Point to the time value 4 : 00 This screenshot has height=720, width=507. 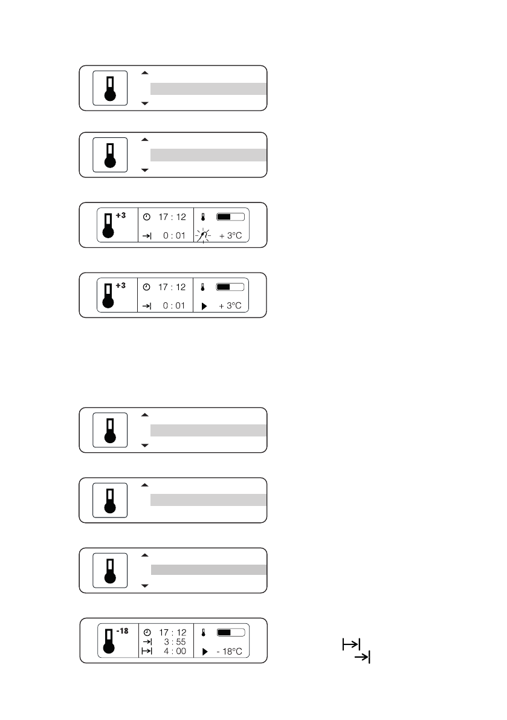click(173, 651)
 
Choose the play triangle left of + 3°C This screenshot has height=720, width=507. click(204, 306)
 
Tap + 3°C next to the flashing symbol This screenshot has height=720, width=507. click(230, 235)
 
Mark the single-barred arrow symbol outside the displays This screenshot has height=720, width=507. click(362, 657)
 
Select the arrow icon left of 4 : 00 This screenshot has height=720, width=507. click(146, 651)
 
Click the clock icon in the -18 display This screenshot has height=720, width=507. click(146, 632)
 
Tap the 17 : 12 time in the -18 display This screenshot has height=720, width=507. click(172, 632)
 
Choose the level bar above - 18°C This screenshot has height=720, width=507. click(230, 632)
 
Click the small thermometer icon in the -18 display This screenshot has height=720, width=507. click(204, 632)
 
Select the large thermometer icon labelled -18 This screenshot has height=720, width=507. click(109, 641)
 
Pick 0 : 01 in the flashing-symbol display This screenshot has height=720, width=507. click(173, 235)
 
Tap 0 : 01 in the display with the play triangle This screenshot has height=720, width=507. click(173, 306)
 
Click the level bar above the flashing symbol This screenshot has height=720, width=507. click(230, 216)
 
